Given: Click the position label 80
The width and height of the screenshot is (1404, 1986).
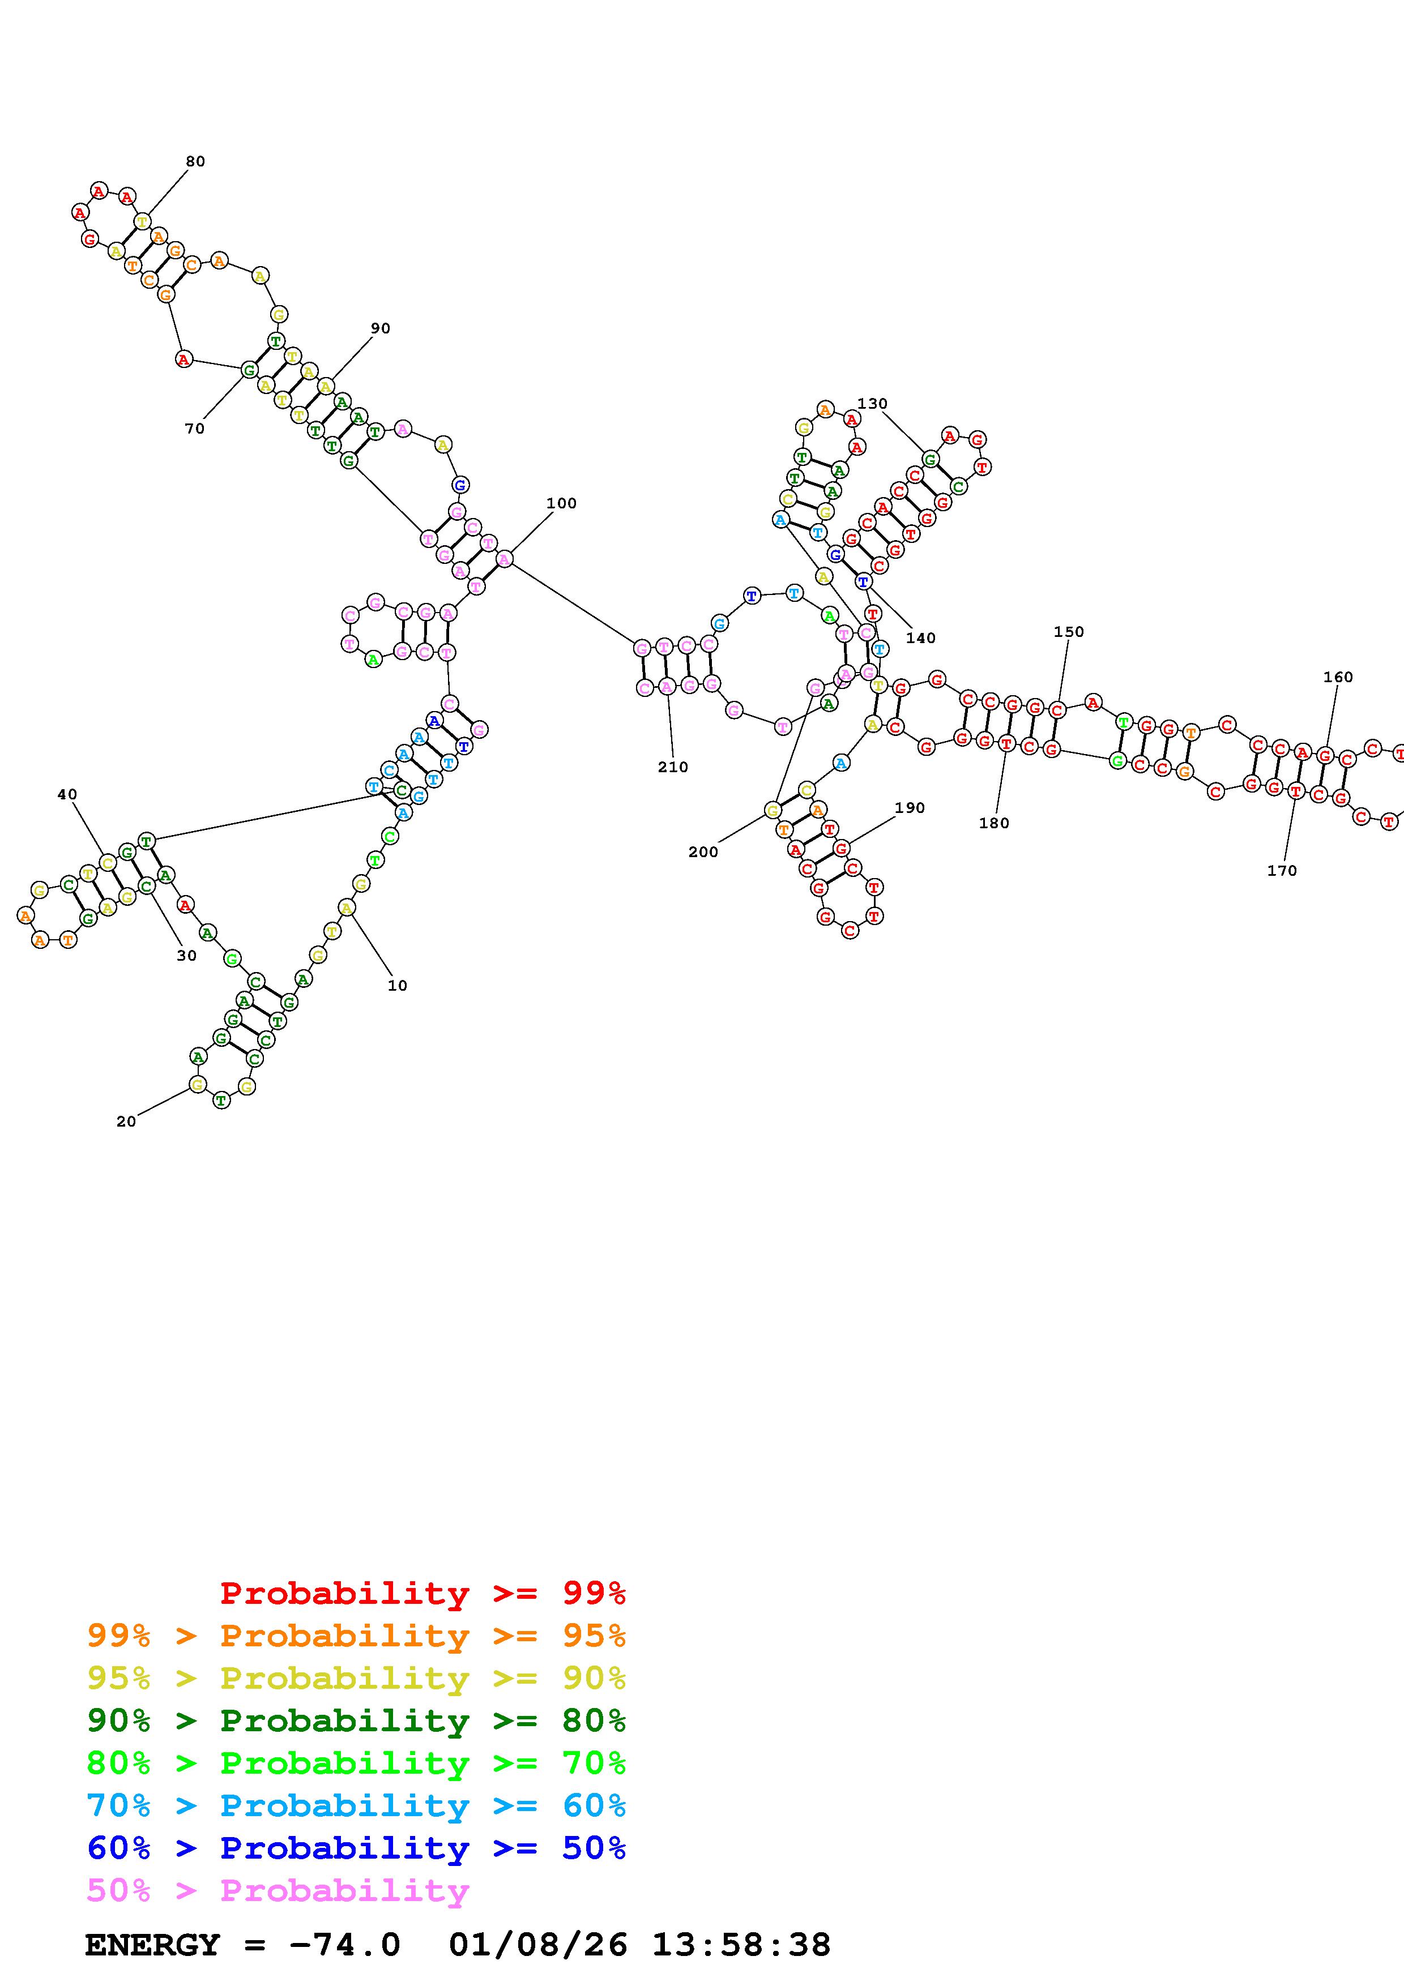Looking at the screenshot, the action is click(x=195, y=162).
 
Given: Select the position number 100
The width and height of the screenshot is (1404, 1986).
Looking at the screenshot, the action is click(x=561, y=503).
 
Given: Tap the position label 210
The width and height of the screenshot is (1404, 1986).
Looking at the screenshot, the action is click(x=672, y=767).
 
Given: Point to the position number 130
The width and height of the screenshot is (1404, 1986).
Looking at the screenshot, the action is click(x=872, y=404).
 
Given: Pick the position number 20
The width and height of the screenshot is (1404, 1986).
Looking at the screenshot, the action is click(x=126, y=1122).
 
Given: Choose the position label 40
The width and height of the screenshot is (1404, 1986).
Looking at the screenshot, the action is click(x=67, y=795).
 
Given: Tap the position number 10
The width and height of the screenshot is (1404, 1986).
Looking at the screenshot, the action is click(x=397, y=985).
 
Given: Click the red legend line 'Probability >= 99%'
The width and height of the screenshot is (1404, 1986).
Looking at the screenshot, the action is click(x=422, y=1593).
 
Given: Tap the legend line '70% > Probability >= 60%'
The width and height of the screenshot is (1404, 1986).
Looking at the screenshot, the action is click(x=356, y=1806).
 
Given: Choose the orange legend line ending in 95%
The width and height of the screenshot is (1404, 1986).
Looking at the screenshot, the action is click(x=356, y=1637).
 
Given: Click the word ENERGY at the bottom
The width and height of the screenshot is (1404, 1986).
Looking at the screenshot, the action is click(x=152, y=1945).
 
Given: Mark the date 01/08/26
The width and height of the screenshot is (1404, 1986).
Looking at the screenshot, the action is click(x=538, y=1945).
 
